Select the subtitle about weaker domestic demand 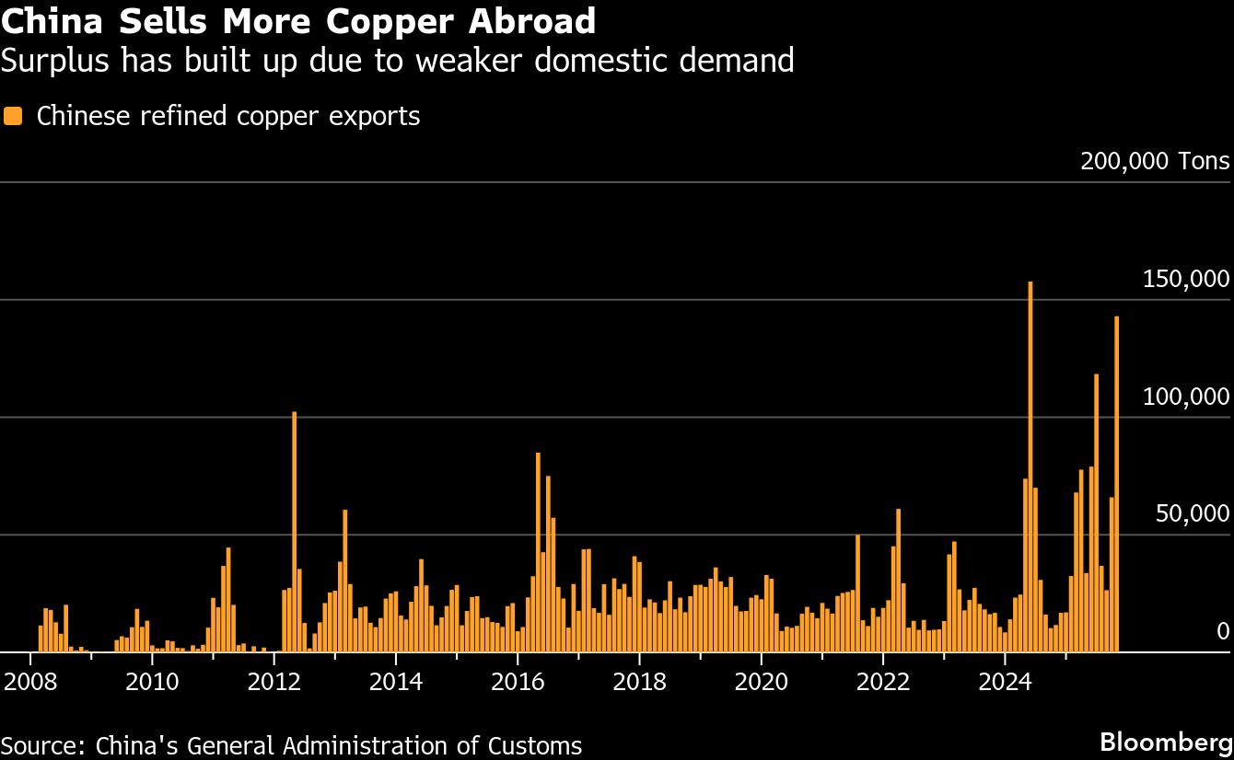[397, 61]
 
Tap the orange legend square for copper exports [13, 116]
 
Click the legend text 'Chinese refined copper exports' [227, 117]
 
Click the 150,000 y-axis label [1185, 280]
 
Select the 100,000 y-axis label [1185, 397]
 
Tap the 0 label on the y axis [1222, 631]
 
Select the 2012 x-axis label [274, 682]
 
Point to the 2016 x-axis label [518, 682]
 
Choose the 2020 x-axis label [762, 682]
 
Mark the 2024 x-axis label [1005, 682]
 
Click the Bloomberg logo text [1166, 742]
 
